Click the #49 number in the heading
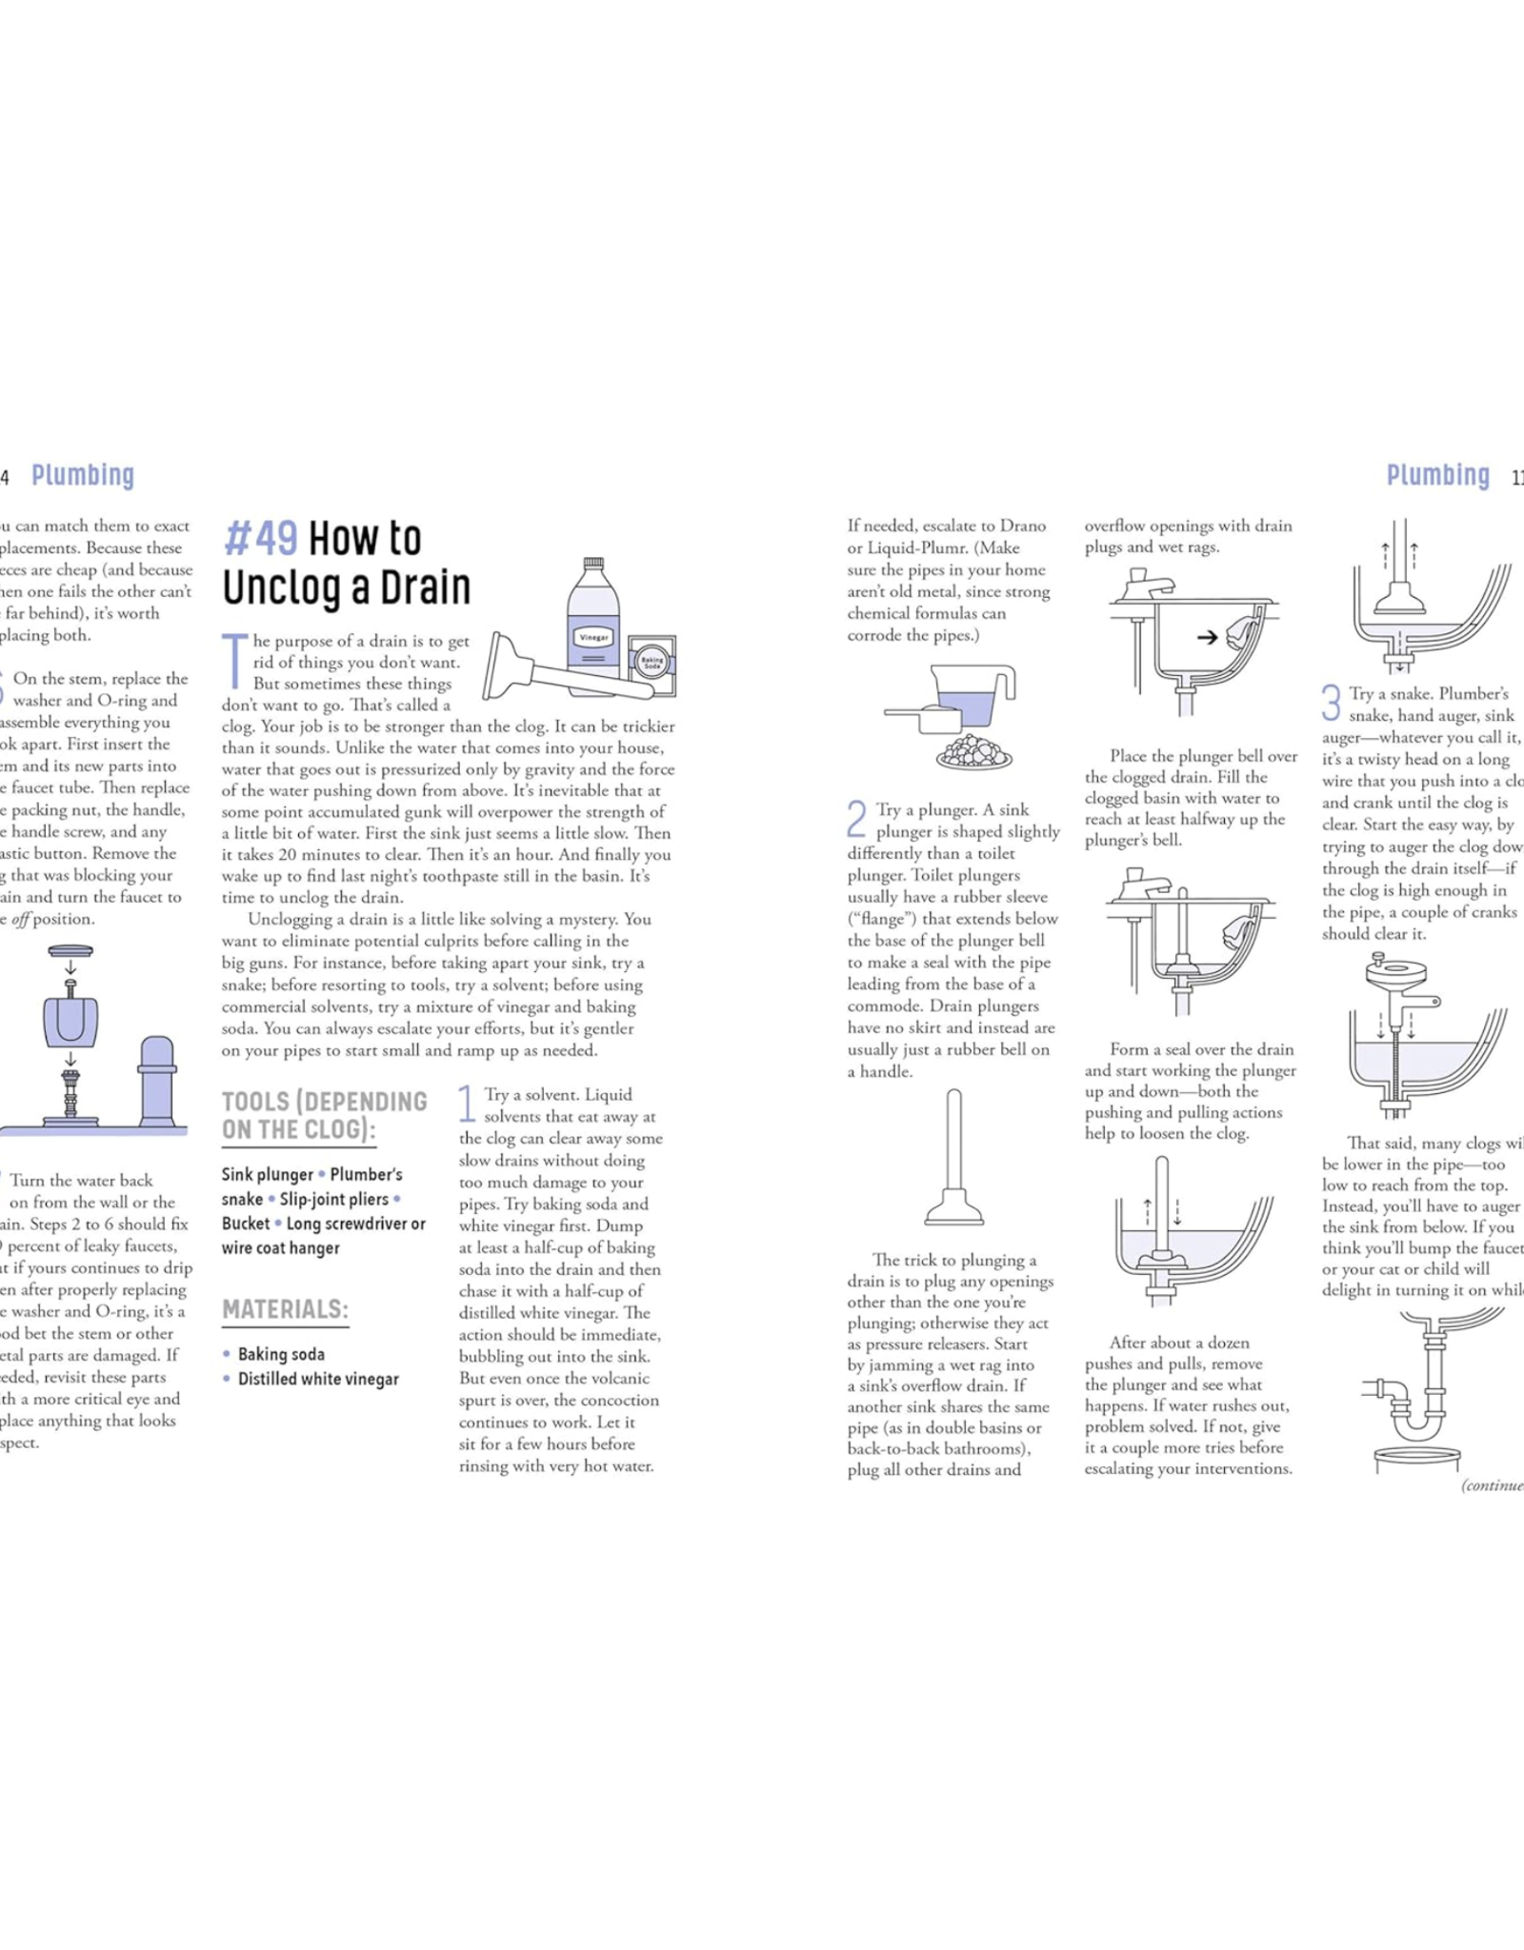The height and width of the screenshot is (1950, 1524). (260, 539)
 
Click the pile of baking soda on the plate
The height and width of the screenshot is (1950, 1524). (973, 751)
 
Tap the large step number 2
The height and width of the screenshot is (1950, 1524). (856, 820)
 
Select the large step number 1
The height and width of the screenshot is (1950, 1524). (467, 1104)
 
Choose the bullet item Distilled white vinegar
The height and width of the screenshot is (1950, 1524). (318, 1379)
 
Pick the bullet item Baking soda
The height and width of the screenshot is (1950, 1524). (281, 1354)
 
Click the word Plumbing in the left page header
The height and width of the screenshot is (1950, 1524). (83, 475)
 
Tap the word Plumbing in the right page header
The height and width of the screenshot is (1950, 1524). (1437, 475)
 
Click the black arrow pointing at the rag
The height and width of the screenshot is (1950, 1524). (1207, 637)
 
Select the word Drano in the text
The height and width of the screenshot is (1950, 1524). (1022, 526)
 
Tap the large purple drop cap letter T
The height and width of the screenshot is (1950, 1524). (234, 660)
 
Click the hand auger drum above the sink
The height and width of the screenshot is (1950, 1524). (1396, 974)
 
